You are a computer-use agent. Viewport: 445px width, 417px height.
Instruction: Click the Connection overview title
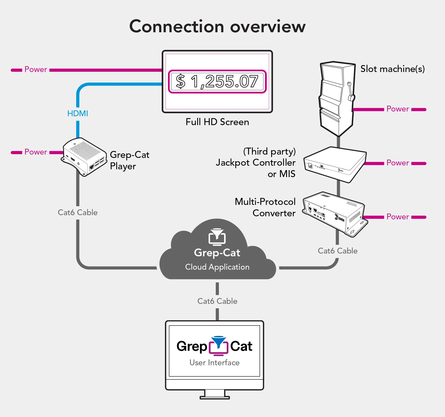coord(217,27)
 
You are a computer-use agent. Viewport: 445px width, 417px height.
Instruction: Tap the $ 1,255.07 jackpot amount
coord(217,81)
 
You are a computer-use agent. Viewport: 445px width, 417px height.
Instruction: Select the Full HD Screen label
coord(217,122)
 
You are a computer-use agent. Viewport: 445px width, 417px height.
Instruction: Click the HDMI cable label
coord(78,113)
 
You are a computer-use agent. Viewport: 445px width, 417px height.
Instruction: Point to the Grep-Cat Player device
coord(84,157)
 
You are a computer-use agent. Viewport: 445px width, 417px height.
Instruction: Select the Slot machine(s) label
coord(392,69)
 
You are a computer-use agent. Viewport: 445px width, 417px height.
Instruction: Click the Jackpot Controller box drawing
coord(335,164)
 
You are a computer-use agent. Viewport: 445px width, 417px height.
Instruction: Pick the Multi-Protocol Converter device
coord(335,213)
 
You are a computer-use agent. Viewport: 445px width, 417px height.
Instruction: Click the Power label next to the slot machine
coord(398,109)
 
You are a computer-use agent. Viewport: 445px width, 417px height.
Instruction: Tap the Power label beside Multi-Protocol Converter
coord(398,217)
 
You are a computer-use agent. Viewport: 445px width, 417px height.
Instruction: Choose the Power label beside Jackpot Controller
coord(398,163)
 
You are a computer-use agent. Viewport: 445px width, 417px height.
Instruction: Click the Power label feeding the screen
coord(36,69)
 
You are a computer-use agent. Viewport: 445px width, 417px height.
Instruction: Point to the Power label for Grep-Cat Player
coord(36,152)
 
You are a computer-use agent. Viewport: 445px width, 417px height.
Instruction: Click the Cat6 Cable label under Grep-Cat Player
coord(78,213)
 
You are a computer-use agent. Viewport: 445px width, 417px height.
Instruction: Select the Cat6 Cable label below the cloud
coord(217,301)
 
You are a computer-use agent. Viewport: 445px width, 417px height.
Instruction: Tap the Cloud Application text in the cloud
coord(217,267)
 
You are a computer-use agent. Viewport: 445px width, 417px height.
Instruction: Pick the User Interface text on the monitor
coord(214,363)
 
